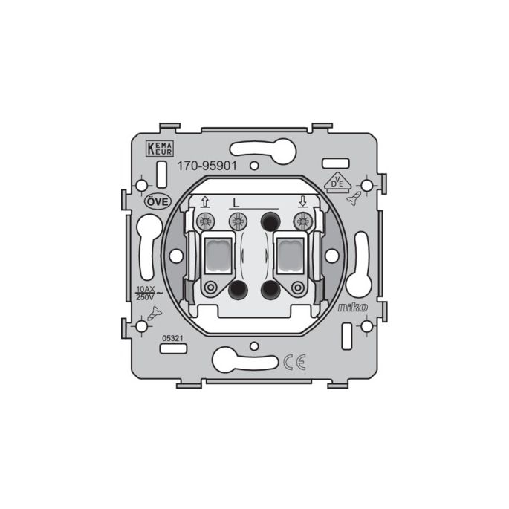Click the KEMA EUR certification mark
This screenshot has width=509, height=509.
pos(160,149)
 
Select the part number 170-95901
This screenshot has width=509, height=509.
pos(207,166)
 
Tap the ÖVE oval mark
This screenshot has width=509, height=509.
pos(158,202)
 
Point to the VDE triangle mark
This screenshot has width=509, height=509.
pos(337,182)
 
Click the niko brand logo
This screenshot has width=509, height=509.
pos(353,307)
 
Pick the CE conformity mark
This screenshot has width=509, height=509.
pos(294,363)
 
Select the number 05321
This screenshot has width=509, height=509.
pos(172,338)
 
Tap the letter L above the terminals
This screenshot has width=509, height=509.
pos(236,203)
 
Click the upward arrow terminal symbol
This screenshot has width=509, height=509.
pos(205,201)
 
